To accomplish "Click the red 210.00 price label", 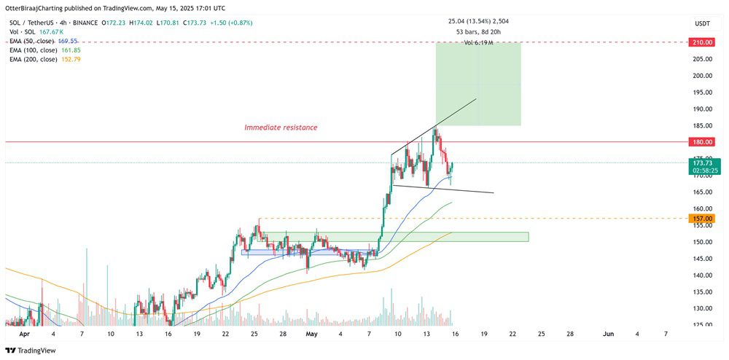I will coord(701,42).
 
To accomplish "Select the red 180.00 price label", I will coord(701,142).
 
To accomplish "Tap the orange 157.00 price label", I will coord(701,218).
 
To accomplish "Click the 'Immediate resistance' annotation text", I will coord(281,128).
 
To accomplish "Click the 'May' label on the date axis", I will coord(311,334).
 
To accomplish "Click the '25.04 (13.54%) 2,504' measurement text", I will coord(478,21).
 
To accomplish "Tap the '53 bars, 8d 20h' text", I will coord(478,32).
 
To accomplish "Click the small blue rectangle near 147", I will coord(277,252).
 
